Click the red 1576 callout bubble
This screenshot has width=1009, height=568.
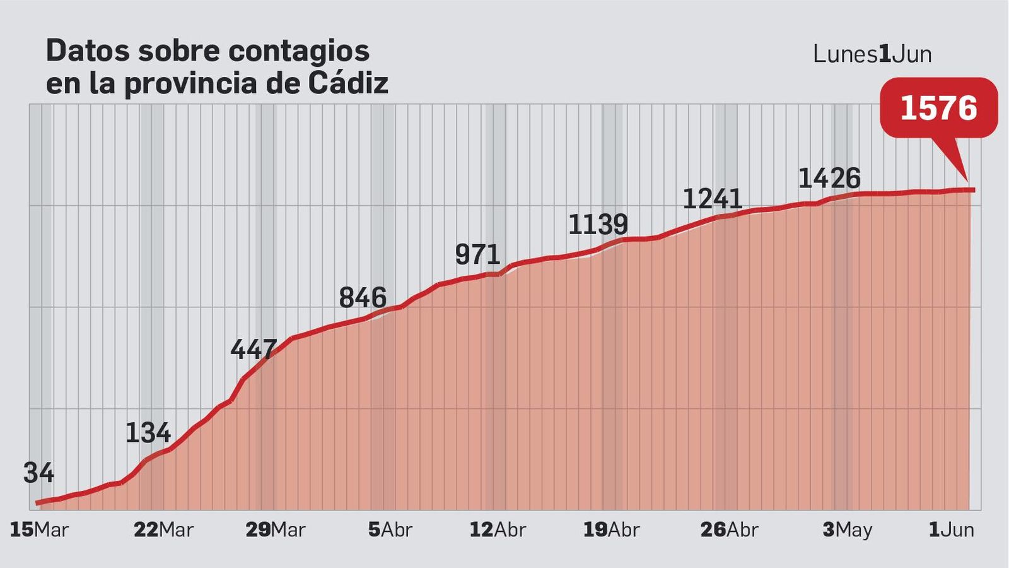point(938,108)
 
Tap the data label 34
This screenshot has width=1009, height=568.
point(38,473)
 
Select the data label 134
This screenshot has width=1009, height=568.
point(148,433)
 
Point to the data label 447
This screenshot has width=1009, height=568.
point(254,349)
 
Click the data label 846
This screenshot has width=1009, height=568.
point(363,298)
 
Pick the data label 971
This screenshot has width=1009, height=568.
point(477,255)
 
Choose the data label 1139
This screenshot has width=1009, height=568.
point(598,225)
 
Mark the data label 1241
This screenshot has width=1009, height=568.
point(713,199)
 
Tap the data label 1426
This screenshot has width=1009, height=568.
point(829,179)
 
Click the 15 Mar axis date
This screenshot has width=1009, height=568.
point(39,530)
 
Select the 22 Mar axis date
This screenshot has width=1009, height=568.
point(163,530)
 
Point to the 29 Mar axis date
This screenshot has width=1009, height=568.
point(275,530)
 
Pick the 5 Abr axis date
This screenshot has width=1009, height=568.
point(390,530)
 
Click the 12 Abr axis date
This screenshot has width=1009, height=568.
point(498,530)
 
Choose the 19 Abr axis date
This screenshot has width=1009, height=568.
point(611,530)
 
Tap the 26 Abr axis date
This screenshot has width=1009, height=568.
point(729,530)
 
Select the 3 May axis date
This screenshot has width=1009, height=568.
point(847,530)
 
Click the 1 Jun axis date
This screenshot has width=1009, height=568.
point(951,530)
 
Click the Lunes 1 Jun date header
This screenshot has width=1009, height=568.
point(872,54)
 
